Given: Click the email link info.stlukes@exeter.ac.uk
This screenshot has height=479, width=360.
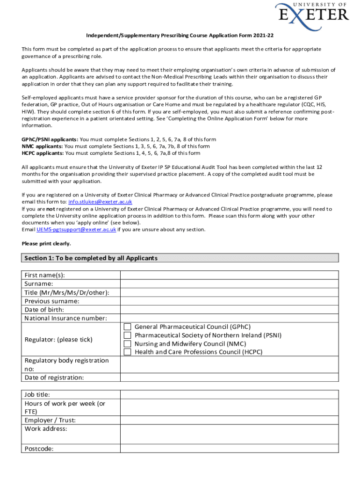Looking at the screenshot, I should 100,202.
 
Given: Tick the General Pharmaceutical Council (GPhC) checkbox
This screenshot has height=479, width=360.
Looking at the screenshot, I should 127,327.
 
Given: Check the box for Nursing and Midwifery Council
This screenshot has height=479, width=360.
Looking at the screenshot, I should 127,344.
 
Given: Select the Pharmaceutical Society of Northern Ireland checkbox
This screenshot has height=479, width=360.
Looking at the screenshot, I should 127,335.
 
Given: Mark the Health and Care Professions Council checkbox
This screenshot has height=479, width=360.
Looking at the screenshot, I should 127,352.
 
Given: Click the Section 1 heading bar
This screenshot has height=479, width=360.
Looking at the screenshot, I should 180,258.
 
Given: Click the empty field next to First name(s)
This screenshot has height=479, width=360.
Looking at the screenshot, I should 229,276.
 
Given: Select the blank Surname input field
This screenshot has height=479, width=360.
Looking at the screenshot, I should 229,284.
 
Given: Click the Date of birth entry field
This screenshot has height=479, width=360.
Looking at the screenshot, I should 229,310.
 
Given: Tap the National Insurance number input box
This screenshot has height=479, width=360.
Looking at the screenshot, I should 229,318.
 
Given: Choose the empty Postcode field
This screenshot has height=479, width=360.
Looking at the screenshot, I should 229,449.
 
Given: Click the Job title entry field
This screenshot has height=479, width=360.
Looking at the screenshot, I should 229,395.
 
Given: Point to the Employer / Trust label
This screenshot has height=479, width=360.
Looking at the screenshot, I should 50,421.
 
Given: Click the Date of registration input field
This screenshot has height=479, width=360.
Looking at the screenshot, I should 229,377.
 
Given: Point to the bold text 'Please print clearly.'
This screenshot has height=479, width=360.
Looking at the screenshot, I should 47,244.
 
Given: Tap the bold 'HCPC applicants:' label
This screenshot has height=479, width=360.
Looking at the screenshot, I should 43,153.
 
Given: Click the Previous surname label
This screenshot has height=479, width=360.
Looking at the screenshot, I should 52,301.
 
